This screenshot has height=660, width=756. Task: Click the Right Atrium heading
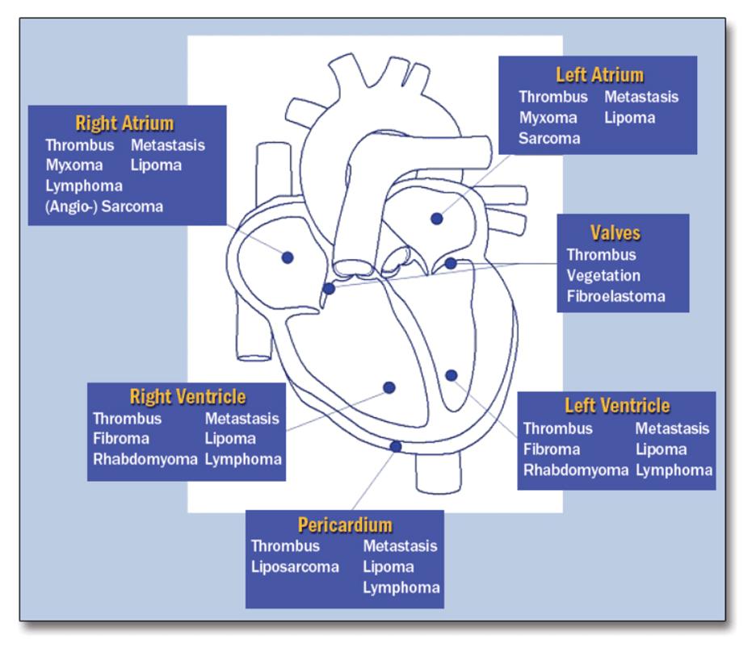tap(124, 123)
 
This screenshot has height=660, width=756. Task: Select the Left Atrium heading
tap(600, 75)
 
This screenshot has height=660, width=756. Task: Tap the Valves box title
tap(615, 232)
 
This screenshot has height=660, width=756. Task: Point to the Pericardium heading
tap(345, 525)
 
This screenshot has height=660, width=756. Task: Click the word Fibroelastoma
tap(615, 296)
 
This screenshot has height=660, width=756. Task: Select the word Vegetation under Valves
tap(603, 276)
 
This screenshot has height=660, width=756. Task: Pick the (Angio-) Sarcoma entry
tap(104, 207)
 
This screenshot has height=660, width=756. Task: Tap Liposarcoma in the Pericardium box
tap(295, 567)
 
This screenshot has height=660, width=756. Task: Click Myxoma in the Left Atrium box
tap(548, 118)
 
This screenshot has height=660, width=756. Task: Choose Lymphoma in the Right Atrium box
tap(84, 186)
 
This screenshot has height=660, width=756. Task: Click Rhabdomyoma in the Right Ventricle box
tap(145, 460)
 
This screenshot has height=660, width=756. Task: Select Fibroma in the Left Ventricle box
tap(552, 449)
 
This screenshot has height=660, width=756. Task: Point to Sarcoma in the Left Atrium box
tap(549, 139)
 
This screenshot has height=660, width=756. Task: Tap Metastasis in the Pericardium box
tap(400, 545)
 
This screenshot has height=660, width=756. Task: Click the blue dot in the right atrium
tap(288, 257)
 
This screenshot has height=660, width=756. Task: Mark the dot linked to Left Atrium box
tap(437, 219)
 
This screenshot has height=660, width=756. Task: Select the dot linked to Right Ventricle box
tap(389, 387)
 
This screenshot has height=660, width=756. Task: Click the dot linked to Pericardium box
tap(396, 446)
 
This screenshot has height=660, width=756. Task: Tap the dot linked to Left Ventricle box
tap(451, 375)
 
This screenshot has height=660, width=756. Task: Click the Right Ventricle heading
tap(187, 397)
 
